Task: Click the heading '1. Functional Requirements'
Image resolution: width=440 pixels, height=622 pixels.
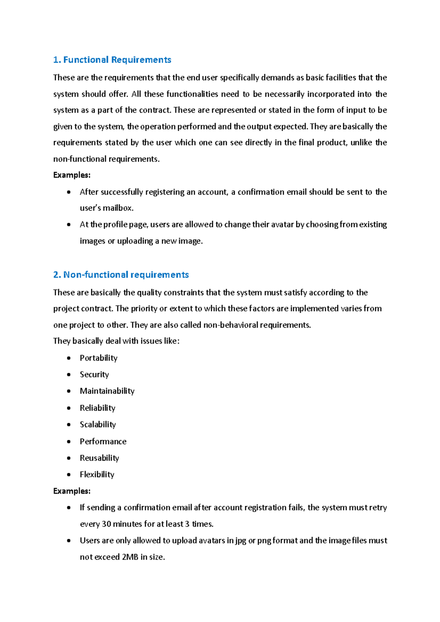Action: pos(112,60)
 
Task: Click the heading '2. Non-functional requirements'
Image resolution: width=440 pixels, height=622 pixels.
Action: pos(121,275)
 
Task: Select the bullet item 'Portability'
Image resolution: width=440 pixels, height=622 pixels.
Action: pos(98,358)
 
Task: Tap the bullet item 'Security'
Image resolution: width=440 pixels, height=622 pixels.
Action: pos(94,374)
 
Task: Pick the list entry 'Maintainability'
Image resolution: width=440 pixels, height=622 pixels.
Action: pos(107,391)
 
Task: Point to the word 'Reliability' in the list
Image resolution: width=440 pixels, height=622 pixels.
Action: pos(98,408)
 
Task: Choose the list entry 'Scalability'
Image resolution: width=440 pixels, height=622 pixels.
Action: pos(98,424)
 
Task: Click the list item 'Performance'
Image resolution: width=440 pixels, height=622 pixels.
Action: pos(103,441)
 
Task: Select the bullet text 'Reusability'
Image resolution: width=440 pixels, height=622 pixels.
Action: pos(99,458)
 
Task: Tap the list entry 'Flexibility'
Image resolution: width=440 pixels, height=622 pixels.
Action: pos(97,474)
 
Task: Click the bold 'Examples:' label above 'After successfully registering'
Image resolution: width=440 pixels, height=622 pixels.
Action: pos(71,175)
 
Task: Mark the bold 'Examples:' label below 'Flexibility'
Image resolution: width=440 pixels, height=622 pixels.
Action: pos(71,491)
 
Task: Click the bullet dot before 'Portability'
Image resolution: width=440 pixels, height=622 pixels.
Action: pos(69,358)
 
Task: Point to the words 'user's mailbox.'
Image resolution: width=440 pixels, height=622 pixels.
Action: pos(106,208)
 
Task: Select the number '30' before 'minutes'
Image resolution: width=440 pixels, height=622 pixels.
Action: pos(106,524)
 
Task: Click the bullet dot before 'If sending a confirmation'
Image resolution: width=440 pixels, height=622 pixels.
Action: pos(69,508)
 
